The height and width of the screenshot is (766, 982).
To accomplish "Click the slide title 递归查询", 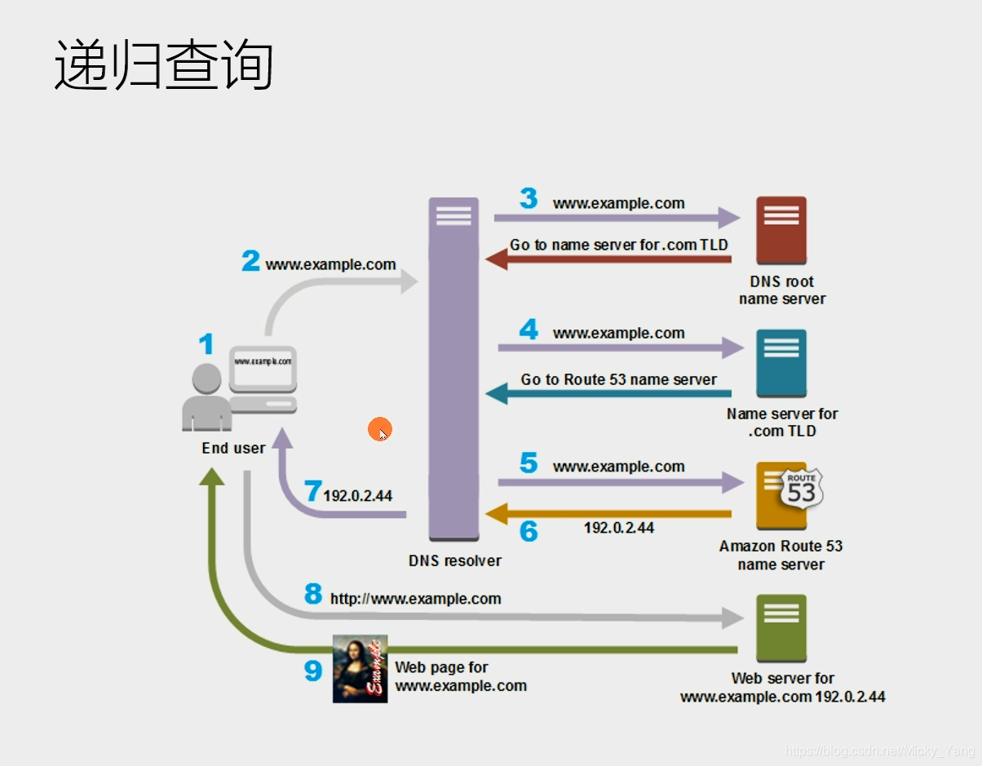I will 163,65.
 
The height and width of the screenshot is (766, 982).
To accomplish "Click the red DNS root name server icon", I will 781,232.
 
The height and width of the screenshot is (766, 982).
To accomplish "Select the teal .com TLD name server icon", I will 781,364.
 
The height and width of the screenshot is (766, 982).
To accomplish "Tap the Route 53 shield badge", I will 801,489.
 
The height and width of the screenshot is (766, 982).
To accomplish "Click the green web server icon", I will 781,627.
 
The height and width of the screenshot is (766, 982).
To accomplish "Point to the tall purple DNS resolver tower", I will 453,367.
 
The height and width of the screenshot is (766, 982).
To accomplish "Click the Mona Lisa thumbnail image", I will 360,668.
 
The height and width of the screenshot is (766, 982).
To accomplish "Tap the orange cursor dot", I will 379,429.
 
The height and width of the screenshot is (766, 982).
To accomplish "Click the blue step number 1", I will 206,344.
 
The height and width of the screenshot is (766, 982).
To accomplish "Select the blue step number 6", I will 529,532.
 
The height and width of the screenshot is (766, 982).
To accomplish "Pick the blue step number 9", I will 313,671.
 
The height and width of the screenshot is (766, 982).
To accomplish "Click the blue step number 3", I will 529,198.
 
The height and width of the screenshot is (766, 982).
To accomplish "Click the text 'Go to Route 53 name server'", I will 618,380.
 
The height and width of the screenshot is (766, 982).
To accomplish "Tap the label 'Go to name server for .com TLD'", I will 618,245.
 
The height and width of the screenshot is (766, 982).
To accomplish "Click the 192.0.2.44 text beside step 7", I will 358,496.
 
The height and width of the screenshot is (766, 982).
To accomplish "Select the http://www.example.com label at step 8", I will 415,599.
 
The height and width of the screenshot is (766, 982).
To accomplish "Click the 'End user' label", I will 233,448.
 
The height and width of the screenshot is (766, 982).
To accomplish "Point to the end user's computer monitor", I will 263,366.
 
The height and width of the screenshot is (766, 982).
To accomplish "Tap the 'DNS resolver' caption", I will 454,561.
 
